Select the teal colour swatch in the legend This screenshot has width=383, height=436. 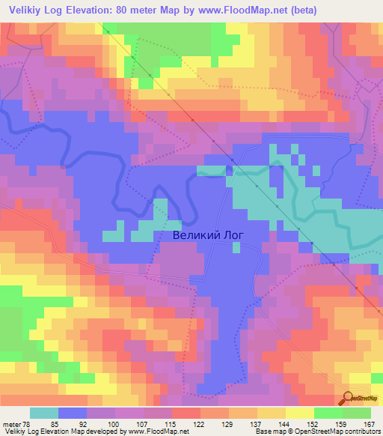[43, 413]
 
